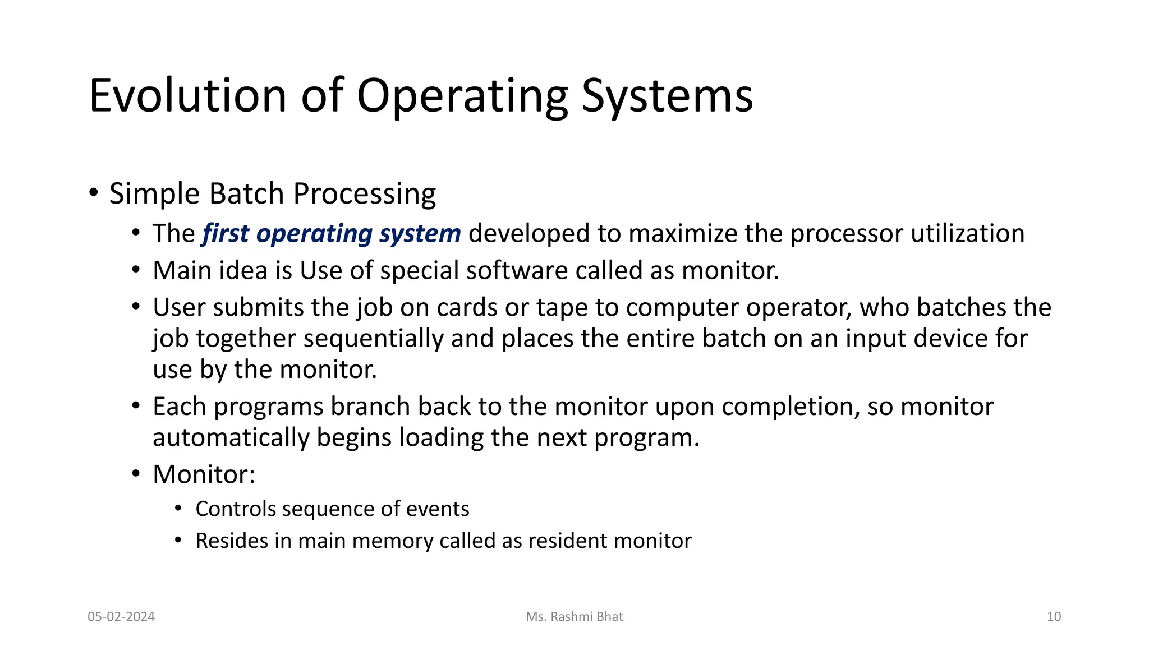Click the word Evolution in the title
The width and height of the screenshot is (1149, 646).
click(188, 95)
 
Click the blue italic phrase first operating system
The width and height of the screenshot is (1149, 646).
click(331, 234)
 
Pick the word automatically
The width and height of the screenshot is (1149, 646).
click(231, 437)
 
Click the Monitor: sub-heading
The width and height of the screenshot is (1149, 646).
click(204, 475)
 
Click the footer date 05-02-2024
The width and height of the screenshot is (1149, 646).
click(121, 617)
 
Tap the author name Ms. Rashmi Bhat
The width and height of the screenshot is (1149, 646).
click(574, 617)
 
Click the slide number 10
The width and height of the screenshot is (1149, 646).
click(1054, 617)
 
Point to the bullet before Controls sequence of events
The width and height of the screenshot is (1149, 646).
click(178, 509)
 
